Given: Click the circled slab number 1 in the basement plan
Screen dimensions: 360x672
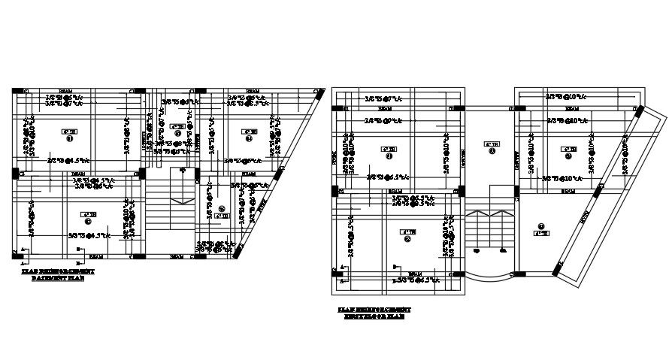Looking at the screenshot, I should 70,138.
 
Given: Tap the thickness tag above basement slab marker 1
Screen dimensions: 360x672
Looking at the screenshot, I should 74,131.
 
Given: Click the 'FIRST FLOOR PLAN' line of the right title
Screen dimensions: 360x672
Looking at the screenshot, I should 374,316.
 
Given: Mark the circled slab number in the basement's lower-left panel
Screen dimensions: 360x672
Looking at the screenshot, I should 88,221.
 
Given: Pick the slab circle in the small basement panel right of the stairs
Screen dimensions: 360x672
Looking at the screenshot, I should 221,208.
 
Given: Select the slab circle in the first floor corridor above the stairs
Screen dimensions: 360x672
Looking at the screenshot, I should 492,151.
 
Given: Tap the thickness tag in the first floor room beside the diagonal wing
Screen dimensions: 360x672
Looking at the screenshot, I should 540,233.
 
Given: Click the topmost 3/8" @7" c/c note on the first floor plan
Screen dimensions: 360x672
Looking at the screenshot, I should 383,99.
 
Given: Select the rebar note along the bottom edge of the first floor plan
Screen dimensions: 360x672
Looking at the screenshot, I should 415,280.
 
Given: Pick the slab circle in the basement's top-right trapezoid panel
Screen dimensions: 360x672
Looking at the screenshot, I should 247,138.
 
